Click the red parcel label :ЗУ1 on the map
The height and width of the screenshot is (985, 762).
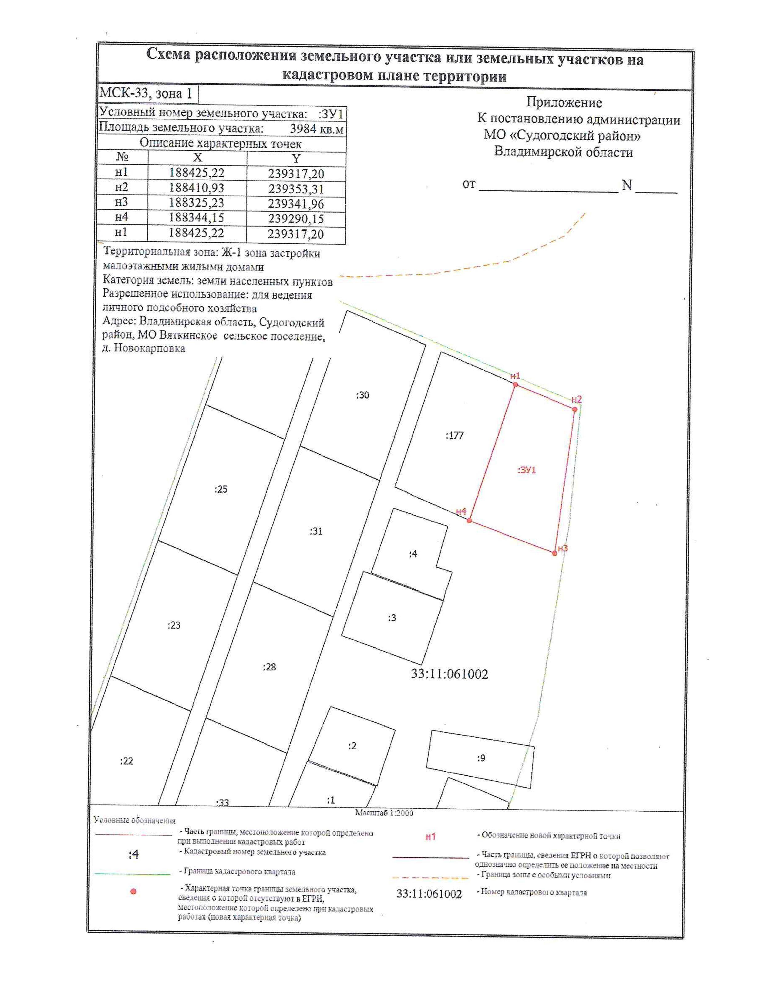coord(526,470)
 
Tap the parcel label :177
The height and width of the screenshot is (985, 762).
coord(455,436)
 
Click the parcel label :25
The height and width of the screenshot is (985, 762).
coord(221,489)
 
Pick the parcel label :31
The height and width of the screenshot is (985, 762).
coord(316,531)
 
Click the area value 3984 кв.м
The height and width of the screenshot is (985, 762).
coord(316,129)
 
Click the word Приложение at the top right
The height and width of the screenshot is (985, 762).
coord(564,103)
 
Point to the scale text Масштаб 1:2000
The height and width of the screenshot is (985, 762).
coord(384,813)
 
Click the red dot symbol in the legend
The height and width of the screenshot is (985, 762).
coord(133,892)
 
